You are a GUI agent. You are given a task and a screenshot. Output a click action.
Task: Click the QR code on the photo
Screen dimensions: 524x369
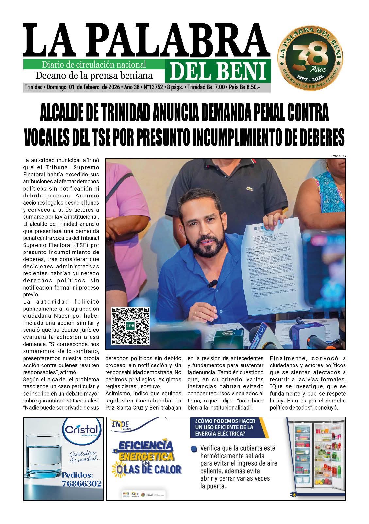[x=130, y=326]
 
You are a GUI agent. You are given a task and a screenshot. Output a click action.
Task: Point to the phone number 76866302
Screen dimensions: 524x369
[x=82, y=483]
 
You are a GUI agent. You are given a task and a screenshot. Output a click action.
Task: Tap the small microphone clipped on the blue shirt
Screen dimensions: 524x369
[x=212, y=283]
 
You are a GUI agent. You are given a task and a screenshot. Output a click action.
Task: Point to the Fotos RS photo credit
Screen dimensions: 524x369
[x=339, y=156]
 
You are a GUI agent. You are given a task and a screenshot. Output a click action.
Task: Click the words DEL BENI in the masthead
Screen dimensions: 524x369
[x=218, y=71]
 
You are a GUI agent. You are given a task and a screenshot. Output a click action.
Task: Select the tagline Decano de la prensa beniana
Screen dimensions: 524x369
[x=94, y=76]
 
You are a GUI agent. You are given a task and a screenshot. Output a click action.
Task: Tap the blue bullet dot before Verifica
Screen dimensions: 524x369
[x=194, y=448]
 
